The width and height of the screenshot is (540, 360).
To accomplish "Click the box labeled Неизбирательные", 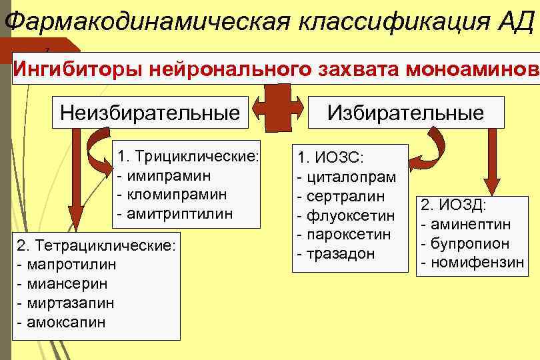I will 150,111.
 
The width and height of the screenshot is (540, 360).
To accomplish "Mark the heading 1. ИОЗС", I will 329,158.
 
